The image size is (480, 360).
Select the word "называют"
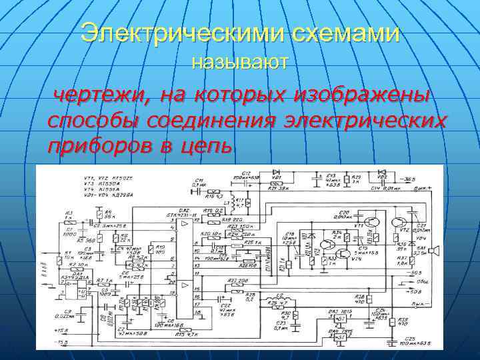(x=240, y=63)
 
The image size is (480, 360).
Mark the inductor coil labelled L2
(x=273, y=297)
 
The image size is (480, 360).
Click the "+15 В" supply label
(x=62, y=330)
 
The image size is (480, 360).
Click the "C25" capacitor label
(x=409, y=339)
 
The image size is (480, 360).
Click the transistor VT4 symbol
(x=344, y=254)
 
